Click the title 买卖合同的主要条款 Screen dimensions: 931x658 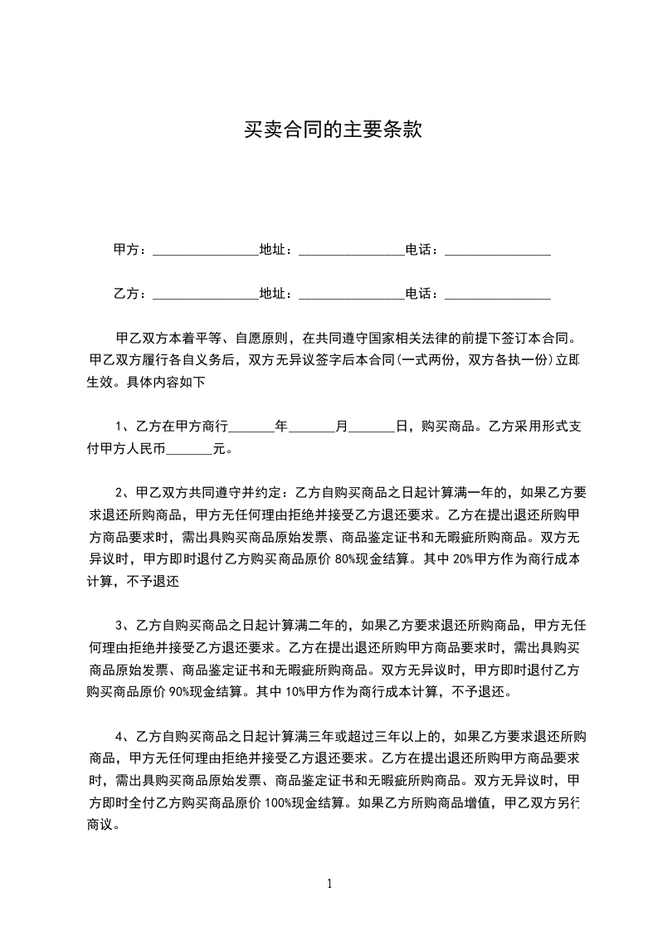pos(333,131)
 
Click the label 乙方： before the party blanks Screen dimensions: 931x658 pos(130,294)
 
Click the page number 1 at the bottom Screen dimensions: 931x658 pos(330,883)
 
